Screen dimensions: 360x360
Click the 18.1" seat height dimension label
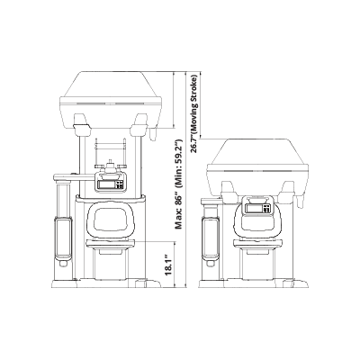tap(168, 265)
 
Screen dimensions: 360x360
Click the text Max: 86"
tap(179, 212)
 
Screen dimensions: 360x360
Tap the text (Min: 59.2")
tap(179, 164)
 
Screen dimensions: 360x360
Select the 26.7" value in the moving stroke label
tap(194, 143)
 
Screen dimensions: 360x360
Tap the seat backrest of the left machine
tap(111, 220)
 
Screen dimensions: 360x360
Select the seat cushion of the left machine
tap(111, 245)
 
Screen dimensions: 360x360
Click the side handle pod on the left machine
tap(63, 238)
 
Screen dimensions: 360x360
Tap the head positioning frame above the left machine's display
tap(111, 151)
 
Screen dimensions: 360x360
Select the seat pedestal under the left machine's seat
tap(111, 265)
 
